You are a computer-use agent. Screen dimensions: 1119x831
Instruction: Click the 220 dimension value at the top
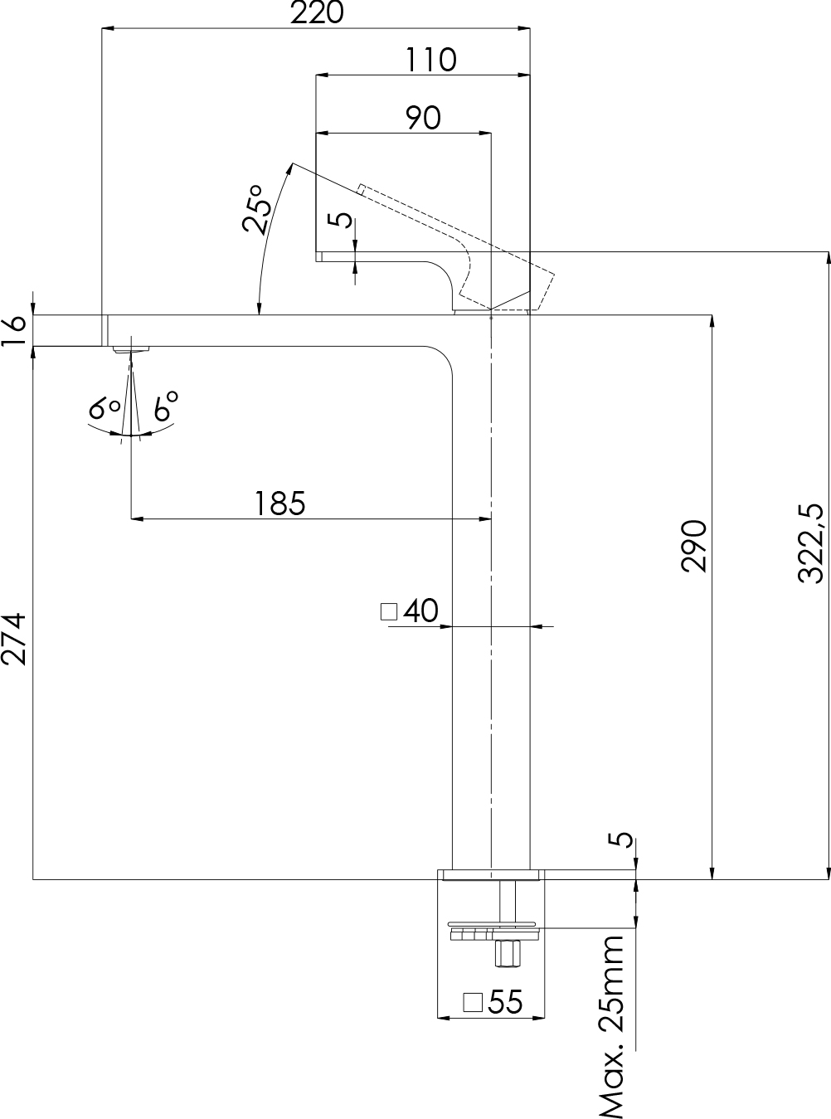tap(316, 13)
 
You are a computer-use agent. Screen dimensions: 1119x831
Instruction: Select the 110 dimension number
tap(430, 60)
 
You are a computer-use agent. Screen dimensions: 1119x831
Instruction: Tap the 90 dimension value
tap(423, 118)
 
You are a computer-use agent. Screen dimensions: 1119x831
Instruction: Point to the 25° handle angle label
tap(256, 209)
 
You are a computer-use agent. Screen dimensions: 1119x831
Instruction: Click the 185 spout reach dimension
tap(279, 504)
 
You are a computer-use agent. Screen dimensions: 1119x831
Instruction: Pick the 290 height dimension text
tap(693, 546)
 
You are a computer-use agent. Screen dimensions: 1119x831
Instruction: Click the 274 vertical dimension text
tap(15, 639)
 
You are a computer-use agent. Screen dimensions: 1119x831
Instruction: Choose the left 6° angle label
tap(105, 407)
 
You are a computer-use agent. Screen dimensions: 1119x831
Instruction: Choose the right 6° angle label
tap(165, 406)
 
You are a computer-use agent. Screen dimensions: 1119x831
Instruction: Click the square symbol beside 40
tap(388, 612)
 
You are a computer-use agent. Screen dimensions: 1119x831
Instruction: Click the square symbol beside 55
tap(473, 1001)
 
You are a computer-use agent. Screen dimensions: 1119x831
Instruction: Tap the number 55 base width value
tap(505, 1002)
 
